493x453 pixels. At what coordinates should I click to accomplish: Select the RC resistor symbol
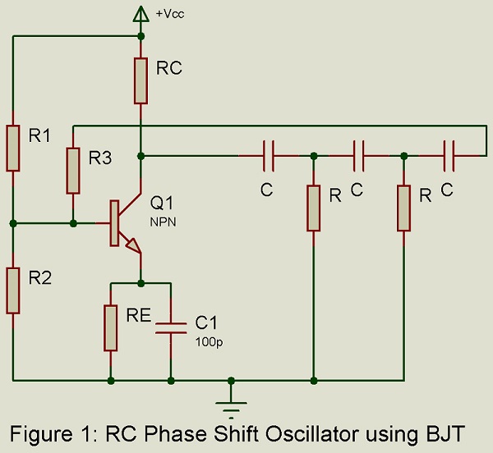[141, 80]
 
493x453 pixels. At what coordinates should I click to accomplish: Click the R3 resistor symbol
[73, 170]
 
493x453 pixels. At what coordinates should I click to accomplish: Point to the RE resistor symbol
[110, 327]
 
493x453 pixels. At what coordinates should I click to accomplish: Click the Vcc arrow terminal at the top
[141, 12]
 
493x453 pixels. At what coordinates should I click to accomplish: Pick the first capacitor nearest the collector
[269, 155]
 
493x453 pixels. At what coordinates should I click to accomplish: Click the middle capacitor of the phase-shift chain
[358, 155]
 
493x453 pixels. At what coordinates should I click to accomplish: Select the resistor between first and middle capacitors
[314, 208]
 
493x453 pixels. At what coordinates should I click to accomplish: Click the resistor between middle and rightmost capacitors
[403, 208]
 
